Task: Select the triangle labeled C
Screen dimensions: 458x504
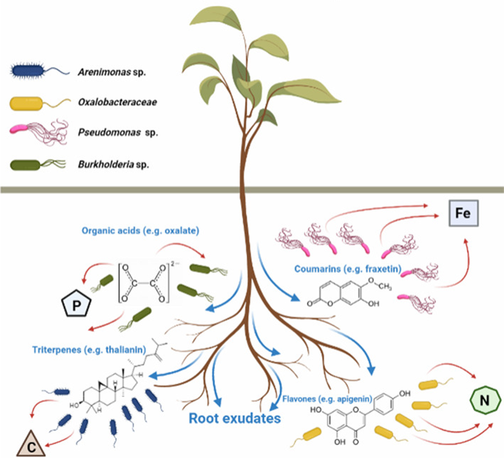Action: tap(33, 445)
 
